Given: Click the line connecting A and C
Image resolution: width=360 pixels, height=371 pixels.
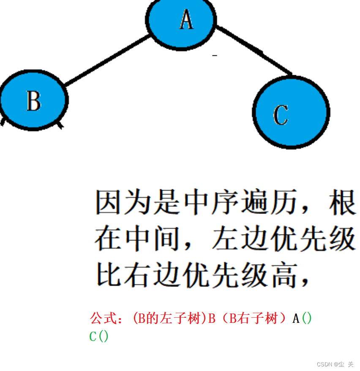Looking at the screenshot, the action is (254, 50).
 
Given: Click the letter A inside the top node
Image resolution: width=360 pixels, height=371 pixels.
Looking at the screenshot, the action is (186, 19).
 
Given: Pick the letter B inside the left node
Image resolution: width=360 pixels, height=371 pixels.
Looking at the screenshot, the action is (33, 101).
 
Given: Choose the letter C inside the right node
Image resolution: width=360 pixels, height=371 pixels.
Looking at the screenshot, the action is (281, 115).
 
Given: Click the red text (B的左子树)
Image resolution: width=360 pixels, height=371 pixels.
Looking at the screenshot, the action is (169, 318).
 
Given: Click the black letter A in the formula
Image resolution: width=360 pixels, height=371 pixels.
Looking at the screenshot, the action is (296, 318).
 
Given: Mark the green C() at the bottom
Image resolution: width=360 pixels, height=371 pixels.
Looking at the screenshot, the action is (99, 337).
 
